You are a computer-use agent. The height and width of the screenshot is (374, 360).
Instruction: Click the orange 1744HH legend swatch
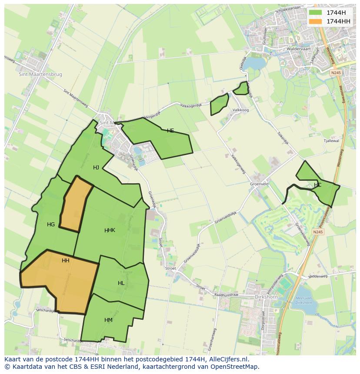(x=315, y=21)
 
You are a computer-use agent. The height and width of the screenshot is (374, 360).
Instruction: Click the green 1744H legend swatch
(x=315, y=12)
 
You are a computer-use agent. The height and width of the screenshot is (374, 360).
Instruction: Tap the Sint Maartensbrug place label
(x=40, y=74)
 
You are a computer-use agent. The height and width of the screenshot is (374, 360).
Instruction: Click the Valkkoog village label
(x=240, y=110)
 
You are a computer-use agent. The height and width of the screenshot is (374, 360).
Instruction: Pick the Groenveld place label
(x=259, y=184)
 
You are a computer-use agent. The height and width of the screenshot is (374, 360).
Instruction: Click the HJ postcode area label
(x=96, y=167)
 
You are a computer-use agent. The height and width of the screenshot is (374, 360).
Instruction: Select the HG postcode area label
(x=51, y=225)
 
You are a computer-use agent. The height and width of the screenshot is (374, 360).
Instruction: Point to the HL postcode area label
(x=121, y=283)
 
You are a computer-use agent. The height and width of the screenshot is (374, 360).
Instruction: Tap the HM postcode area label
(x=108, y=320)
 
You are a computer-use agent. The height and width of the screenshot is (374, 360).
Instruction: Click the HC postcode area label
(x=317, y=185)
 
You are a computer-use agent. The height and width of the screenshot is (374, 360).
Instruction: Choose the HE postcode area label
(x=170, y=130)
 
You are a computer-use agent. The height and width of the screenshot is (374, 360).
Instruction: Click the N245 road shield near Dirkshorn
(x=318, y=232)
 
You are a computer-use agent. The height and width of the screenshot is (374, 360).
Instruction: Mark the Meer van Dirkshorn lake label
(x=303, y=300)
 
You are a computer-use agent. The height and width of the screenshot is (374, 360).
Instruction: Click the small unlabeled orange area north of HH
(x=76, y=204)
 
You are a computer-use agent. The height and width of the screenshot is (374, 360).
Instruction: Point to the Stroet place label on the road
(x=170, y=268)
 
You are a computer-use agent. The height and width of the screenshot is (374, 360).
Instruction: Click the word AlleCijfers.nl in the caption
(x=228, y=359)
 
